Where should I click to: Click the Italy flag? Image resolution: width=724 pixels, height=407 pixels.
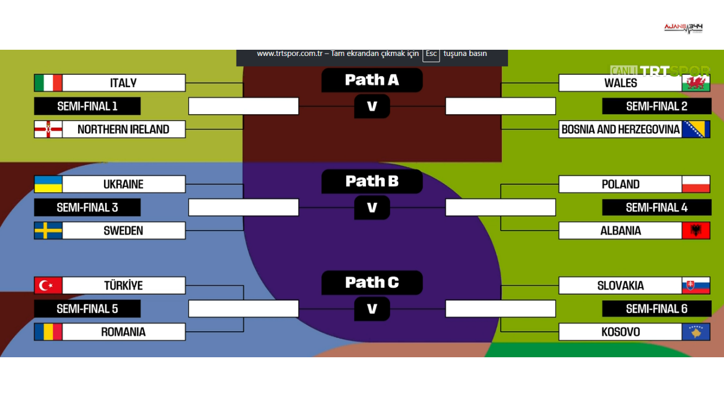[48, 83]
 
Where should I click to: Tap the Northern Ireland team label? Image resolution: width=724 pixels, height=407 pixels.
[123, 129]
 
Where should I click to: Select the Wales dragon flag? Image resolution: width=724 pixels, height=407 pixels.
[696, 83]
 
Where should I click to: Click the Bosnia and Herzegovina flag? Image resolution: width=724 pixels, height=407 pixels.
[696, 129]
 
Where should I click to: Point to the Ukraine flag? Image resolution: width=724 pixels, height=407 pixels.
[48, 184]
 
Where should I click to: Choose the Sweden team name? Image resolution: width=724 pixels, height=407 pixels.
[123, 231]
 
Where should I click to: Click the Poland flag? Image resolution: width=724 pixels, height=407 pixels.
[696, 184]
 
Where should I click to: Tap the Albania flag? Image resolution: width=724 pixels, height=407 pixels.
[696, 231]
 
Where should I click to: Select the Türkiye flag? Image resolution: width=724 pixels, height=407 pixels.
[48, 285]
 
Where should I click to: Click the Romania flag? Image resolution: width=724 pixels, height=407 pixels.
[48, 332]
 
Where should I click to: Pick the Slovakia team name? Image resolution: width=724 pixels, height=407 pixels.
[620, 285]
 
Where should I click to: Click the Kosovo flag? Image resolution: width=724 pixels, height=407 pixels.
[696, 332]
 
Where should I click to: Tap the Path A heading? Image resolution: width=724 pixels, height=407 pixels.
[372, 80]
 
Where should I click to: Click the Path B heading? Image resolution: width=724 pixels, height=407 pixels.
[372, 181]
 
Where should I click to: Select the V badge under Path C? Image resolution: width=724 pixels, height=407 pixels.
[372, 309]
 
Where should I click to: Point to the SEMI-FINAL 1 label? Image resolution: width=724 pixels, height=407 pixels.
[87, 106]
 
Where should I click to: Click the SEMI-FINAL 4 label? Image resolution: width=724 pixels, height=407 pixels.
[657, 207]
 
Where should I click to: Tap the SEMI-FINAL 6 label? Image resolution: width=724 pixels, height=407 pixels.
[657, 309]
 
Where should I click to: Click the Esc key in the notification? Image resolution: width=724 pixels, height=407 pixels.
[431, 54]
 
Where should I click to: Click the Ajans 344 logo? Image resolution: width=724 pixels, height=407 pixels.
[683, 28]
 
